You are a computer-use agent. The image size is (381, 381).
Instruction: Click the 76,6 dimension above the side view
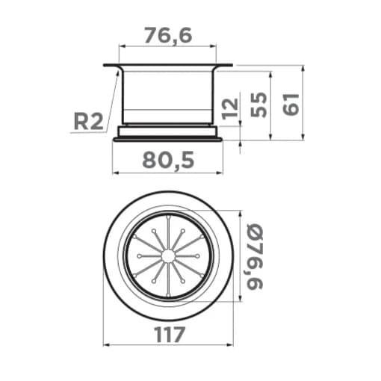click(168, 35)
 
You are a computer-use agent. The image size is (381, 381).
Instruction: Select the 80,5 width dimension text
click(168, 161)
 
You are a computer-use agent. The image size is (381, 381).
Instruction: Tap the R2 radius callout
click(88, 122)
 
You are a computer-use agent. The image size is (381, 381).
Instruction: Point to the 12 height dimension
click(230, 108)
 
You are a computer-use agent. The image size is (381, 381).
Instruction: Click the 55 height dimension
click(258, 105)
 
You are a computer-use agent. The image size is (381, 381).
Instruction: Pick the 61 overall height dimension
click(291, 105)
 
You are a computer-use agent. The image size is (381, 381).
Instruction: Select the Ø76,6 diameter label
click(255, 257)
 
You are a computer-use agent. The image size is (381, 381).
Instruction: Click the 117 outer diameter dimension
click(169, 335)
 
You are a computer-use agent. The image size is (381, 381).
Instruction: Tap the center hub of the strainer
click(168, 256)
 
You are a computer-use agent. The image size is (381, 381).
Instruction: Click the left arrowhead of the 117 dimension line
click(106, 345)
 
